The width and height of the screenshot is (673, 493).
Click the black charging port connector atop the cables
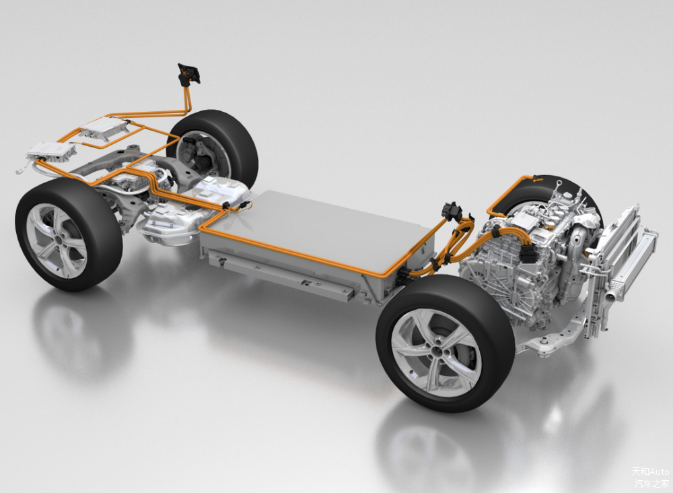point(189,74)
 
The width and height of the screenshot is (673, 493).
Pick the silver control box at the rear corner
point(51,151)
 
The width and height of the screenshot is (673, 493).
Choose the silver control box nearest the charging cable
point(104,128)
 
